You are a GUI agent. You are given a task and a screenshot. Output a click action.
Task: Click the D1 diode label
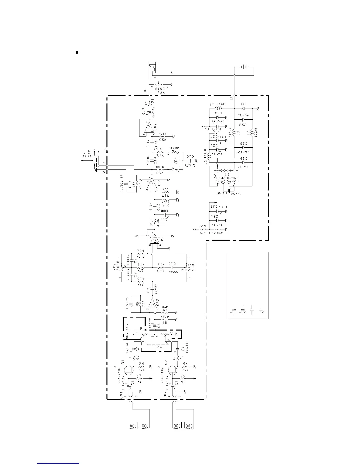243,104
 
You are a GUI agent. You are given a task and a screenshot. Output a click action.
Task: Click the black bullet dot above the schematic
77,53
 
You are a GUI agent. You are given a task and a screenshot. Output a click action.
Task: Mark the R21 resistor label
153,103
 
